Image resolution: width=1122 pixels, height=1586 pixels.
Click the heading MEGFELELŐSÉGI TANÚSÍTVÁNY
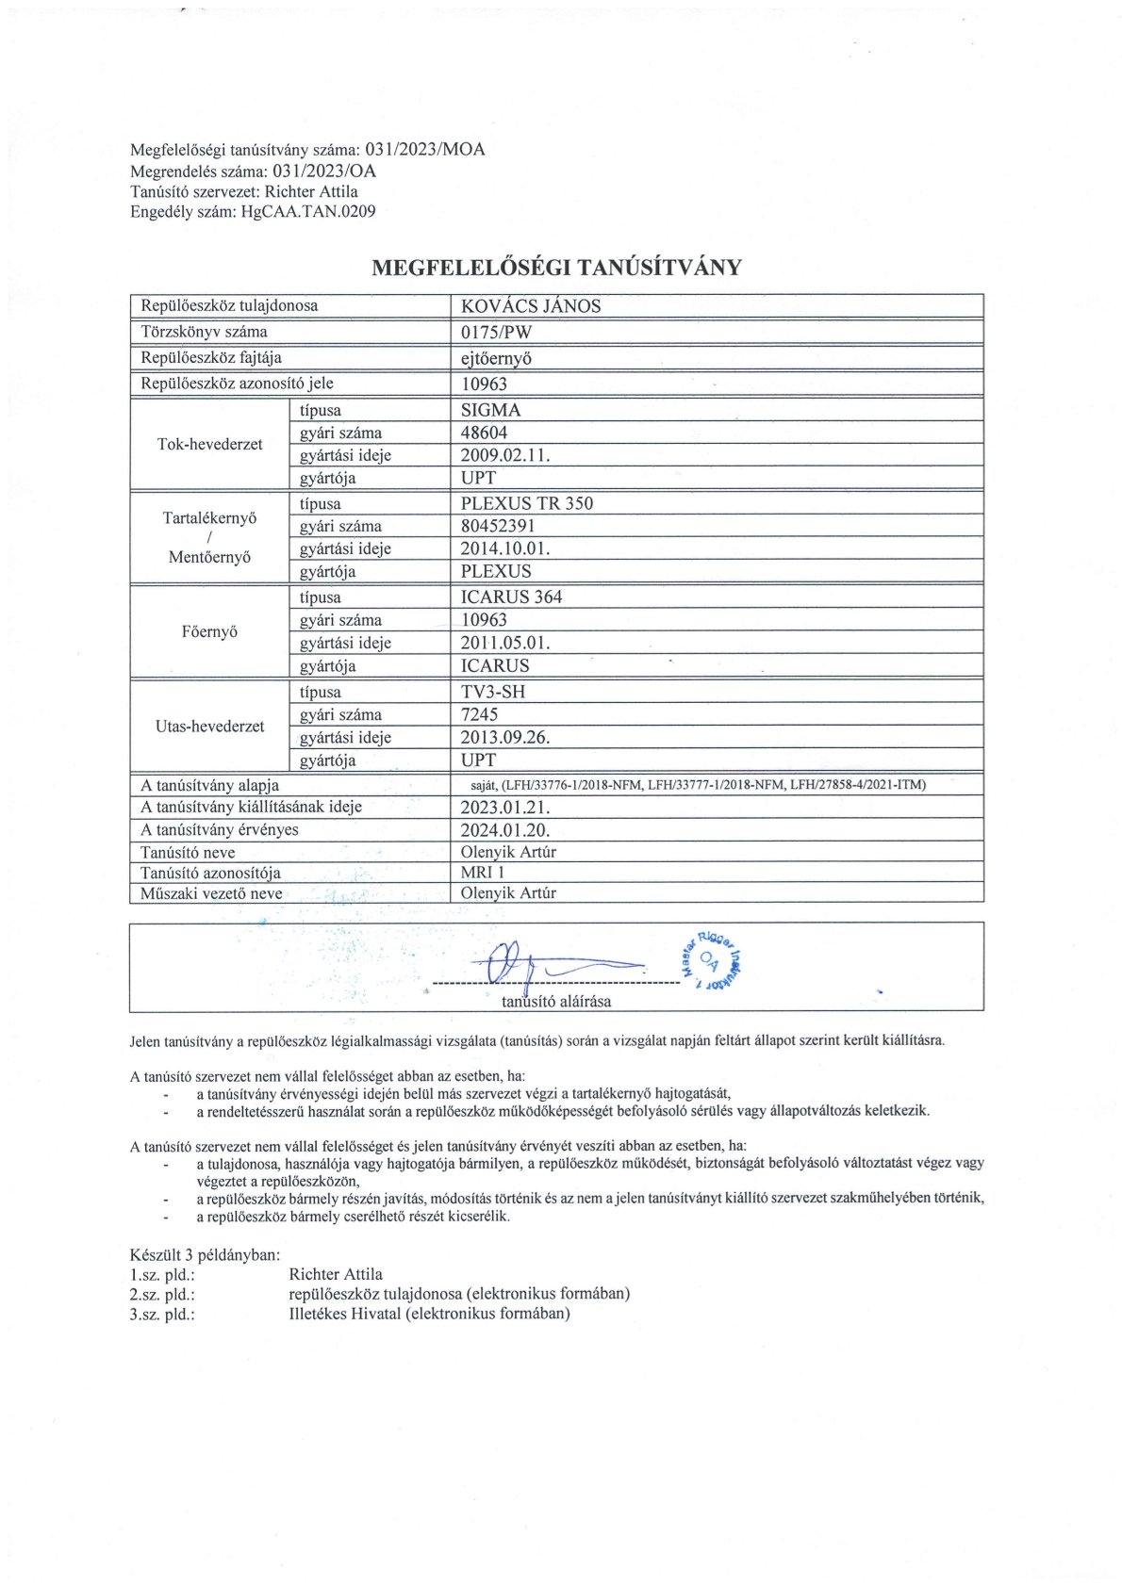[556, 268]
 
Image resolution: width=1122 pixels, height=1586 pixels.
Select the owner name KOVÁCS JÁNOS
[530, 306]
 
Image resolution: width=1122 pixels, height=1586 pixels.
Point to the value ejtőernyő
[497, 358]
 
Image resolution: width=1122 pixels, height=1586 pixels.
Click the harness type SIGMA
[490, 410]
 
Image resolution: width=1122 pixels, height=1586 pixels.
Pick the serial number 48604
[484, 433]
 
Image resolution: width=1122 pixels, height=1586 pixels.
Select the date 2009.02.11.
[504, 455]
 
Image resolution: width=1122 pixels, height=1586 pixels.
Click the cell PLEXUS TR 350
[527, 503]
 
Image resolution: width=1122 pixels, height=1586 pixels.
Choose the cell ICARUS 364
[511, 597]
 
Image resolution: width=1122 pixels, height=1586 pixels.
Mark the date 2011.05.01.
[504, 643]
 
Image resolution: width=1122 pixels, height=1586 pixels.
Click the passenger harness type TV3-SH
[493, 692]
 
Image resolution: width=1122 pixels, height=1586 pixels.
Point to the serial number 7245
[479, 714]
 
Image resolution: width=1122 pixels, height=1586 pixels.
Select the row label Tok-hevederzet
[209, 444]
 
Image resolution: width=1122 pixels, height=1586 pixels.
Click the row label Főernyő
[209, 631]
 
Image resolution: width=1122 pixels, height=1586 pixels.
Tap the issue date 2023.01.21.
[504, 808]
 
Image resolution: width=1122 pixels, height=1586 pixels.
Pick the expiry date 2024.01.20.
[504, 830]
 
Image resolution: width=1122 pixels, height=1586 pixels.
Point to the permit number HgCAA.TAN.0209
[308, 212]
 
